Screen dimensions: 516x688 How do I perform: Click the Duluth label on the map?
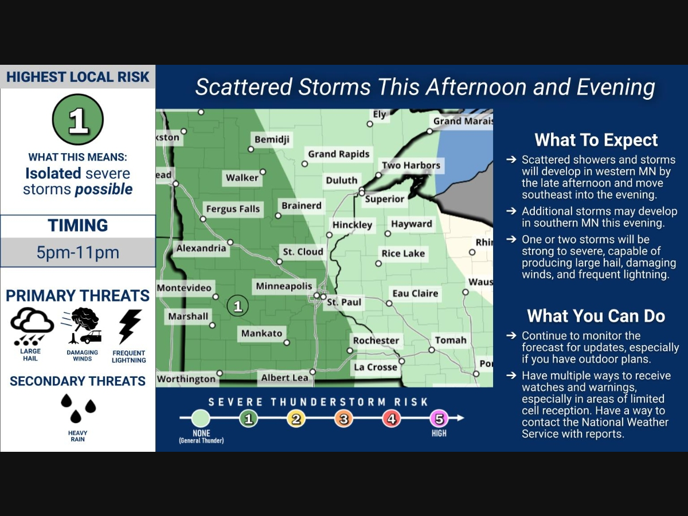coord(342,180)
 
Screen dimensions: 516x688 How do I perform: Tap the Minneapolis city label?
coord(284,286)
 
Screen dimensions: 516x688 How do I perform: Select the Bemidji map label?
coord(272,139)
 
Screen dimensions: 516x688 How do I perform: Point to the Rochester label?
coord(376,340)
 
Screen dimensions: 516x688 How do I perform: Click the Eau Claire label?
coord(415,294)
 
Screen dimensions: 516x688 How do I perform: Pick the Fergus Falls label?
coord(233,209)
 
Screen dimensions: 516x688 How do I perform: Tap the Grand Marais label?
coord(462,121)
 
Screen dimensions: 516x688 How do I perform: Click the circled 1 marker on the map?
coord(237,306)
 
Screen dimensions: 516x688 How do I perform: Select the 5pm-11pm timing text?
coord(78,252)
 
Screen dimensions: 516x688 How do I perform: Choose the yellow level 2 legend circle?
coord(296,419)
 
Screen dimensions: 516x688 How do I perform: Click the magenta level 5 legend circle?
coord(439,419)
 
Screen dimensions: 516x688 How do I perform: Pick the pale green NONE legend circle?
coord(201,419)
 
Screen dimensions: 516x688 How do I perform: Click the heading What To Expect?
coord(596,140)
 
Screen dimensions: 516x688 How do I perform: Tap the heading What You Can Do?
coord(596,316)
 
